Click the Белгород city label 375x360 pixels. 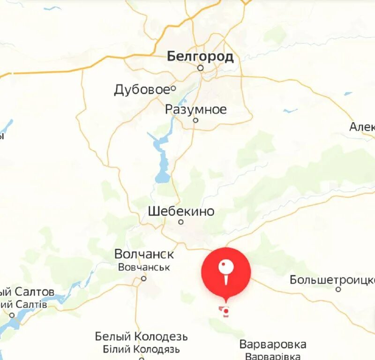(x=200, y=57)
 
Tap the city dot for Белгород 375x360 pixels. (x=201, y=68)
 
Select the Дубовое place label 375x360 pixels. (x=141, y=90)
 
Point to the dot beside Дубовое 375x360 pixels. (x=173, y=88)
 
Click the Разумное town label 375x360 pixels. (x=195, y=109)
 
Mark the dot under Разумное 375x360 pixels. (x=196, y=120)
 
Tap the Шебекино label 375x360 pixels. (x=181, y=211)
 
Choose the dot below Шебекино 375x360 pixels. (x=181, y=222)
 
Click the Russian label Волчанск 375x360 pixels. (x=144, y=254)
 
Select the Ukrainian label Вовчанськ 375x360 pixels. (x=144, y=267)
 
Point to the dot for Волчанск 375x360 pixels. (x=144, y=278)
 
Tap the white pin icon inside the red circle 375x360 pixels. (x=226, y=271)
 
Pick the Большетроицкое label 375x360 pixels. (x=332, y=280)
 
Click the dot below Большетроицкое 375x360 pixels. (x=338, y=290)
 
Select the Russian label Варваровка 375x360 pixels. (x=273, y=345)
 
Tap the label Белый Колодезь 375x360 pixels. (x=141, y=337)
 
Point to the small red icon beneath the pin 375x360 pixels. (x=225, y=311)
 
